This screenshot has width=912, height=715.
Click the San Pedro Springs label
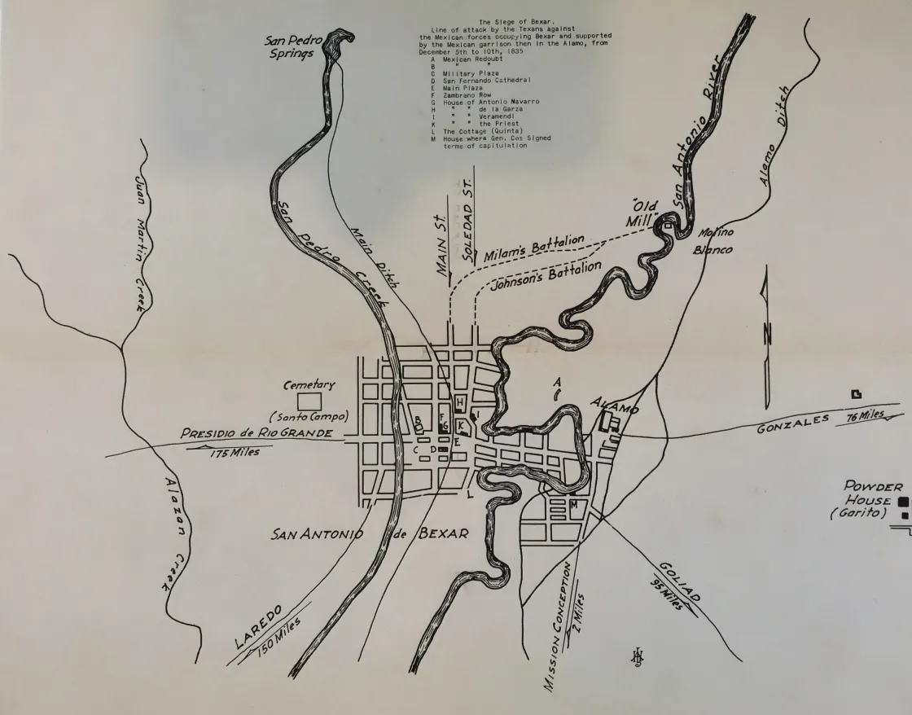click(296, 47)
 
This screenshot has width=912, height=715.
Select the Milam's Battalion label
click(534, 248)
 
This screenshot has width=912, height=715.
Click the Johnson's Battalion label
click(546, 276)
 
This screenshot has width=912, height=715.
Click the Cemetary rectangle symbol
click(309, 401)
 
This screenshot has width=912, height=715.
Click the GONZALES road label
click(792, 423)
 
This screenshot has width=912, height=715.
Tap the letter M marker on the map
click(574, 506)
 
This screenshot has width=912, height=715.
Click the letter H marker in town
click(459, 401)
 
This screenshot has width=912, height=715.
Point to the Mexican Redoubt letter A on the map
click(556, 381)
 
